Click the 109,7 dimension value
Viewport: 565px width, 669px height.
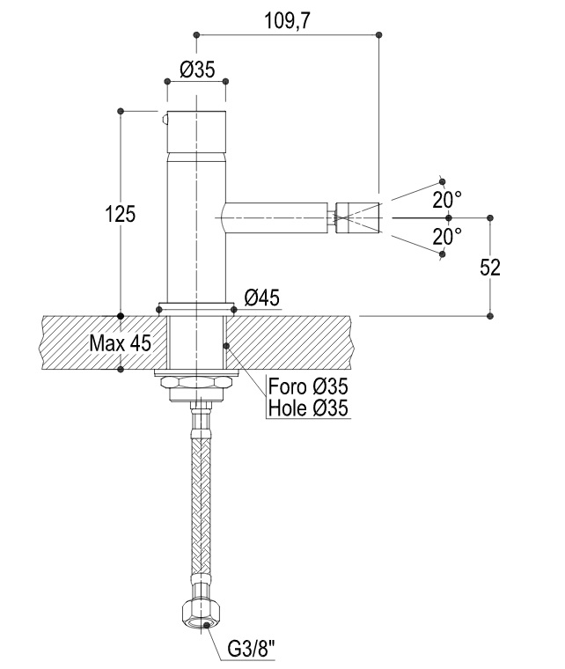288,20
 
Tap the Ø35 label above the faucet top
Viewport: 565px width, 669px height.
197,70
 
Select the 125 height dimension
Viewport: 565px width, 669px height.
121,213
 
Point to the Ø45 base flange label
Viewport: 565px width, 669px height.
262,298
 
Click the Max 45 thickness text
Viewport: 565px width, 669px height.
121,342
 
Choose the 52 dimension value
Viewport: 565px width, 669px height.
489,268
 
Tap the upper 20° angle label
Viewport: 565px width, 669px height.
447,199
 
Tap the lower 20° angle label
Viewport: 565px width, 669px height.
447,236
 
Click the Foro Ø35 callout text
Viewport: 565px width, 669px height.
308,386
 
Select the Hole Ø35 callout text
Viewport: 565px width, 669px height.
308,408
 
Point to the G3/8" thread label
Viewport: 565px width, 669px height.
251,650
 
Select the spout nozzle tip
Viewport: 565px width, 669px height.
357,217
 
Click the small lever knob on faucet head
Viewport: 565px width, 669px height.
165,121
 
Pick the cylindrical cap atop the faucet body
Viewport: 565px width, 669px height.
196,132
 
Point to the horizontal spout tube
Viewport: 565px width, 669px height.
275,217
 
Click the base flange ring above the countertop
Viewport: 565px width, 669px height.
196,310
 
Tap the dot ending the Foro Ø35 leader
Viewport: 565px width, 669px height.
226,346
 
